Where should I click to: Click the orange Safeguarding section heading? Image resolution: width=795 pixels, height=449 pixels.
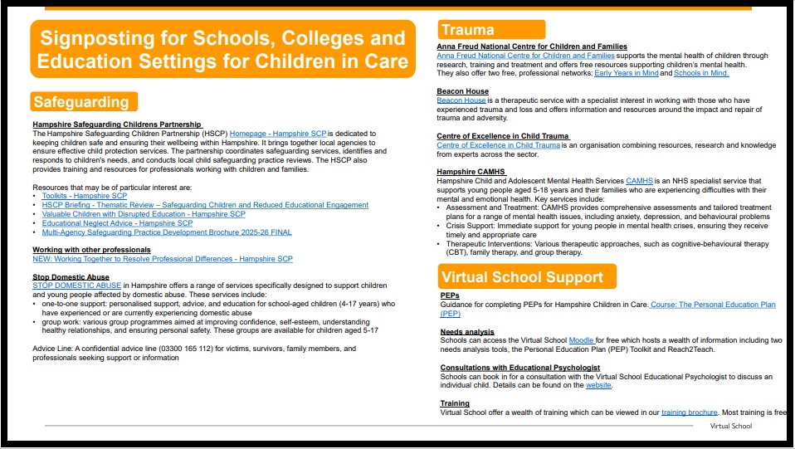[82, 102]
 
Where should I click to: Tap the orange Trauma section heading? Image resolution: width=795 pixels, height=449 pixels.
[468, 31]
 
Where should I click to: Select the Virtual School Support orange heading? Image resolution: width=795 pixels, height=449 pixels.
[523, 277]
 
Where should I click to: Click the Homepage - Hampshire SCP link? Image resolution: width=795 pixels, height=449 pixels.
[279, 133]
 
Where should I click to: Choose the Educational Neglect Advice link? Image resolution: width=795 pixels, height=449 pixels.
[117, 223]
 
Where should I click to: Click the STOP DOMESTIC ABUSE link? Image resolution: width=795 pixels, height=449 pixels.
[77, 286]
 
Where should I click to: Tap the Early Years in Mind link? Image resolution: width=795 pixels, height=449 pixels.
[627, 73]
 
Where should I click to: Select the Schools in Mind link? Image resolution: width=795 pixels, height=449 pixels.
[700, 73]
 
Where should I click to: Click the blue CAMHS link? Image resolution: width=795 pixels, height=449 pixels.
[639, 180]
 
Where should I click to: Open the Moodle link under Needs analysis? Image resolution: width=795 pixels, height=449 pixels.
[580, 340]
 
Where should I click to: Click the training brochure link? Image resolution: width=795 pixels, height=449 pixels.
[689, 412]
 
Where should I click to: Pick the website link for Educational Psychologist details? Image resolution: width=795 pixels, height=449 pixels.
[598, 385]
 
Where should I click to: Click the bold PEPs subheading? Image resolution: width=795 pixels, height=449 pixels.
[450, 295]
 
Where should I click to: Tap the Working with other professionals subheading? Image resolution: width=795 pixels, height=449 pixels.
[91, 250]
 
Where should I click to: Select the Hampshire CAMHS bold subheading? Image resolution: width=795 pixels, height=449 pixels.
[471, 172]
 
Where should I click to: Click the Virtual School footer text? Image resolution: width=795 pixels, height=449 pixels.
[730, 426]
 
